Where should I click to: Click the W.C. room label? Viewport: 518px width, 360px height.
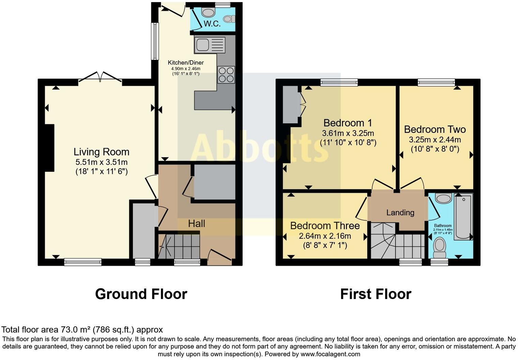[x=212, y=24]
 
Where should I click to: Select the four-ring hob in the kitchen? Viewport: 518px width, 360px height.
[x=226, y=74]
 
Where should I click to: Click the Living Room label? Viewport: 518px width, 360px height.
[x=102, y=152]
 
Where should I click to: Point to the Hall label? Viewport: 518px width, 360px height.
[x=197, y=223]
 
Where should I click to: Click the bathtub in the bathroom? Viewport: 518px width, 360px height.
[x=463, y=216]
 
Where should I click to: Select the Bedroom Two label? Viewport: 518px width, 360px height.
[x=435, y=129]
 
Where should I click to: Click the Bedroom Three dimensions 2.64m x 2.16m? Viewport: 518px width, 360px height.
[x=325, y=236]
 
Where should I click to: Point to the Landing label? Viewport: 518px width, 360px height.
[x=400, y=213]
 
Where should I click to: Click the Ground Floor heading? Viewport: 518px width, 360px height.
[x=141, y=294]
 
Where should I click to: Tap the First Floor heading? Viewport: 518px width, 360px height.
[x=376, y=294]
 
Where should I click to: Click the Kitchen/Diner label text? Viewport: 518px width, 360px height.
[x=186, y=63]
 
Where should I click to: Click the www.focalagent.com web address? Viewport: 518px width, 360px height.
[x=330, y=354]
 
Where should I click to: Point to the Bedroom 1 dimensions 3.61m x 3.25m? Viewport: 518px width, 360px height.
[x=348, y=133]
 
